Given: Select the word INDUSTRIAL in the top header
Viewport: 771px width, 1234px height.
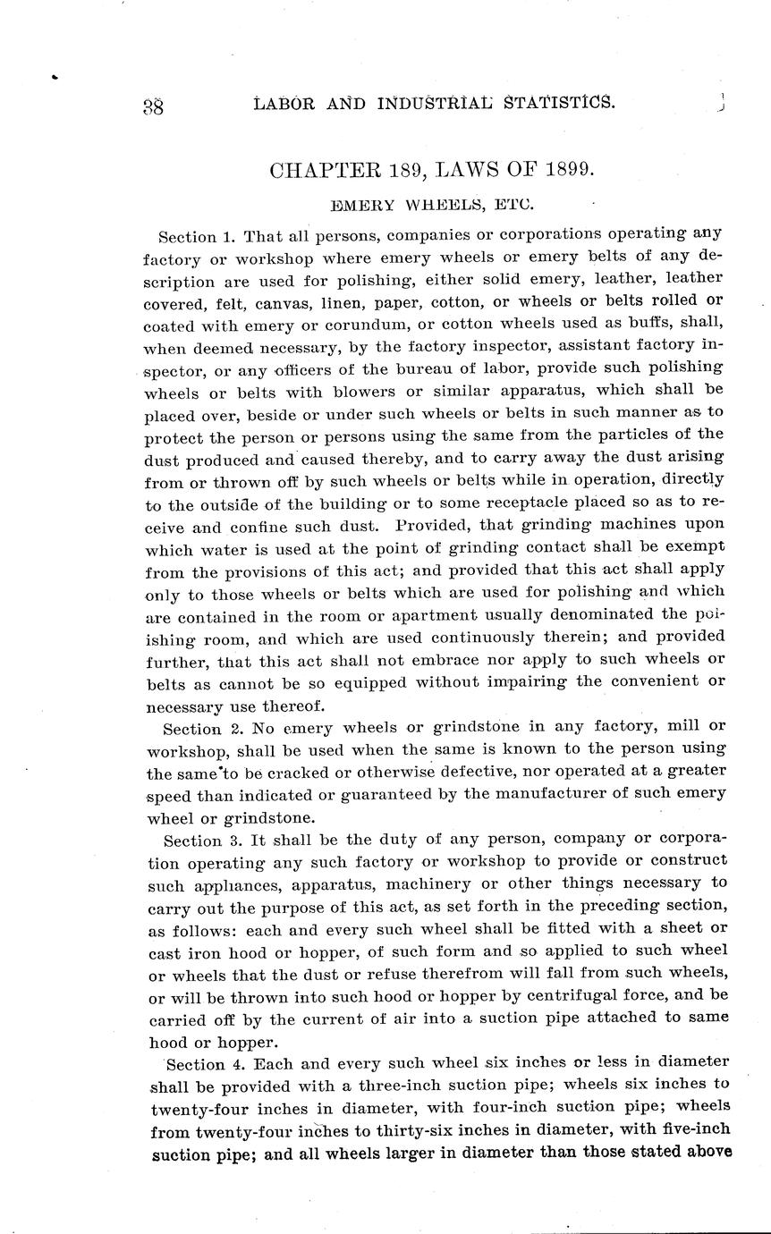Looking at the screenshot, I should (436, 103).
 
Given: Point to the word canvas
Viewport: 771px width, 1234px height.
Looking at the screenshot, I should (313, 301).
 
